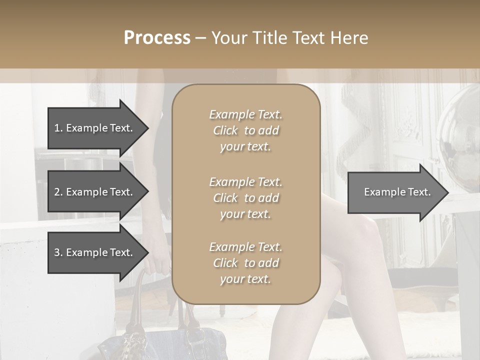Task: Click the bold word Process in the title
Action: [157, 38]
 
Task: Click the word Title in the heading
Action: [270, 38]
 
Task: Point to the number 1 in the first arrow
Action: [56, 128]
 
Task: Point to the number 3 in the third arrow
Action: [57, 252]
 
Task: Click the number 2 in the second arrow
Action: [57, 192]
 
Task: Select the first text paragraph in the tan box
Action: [245, 130]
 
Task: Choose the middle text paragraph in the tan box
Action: [245, 198]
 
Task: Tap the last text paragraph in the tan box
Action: [245, 263]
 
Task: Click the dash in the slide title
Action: [200, 38]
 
